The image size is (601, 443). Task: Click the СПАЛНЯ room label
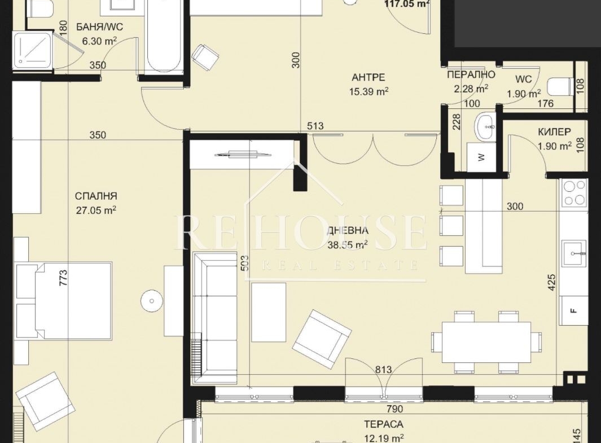[96, 196]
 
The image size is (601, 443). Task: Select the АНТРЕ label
[369, 77]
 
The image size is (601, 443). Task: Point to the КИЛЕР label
[554, 132]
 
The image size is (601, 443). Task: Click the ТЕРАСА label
[384, 424]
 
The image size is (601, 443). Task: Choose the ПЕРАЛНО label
[471, 74]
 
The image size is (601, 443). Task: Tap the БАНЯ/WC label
[100, 27]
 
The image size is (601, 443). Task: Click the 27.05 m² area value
[96, 210]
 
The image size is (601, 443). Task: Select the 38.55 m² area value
[348, 244]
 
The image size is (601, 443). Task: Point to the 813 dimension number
[384, 370]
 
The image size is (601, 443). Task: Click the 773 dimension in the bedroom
[63, 278]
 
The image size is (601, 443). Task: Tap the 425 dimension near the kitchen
[551, 282]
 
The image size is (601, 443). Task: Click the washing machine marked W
[481, 156]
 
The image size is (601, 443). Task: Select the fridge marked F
[573, 311]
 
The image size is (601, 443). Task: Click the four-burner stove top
[574, 193]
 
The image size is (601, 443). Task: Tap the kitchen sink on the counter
[574, 253]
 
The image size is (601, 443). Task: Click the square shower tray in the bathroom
[32, 51]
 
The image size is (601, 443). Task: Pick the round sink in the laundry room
[486, 127]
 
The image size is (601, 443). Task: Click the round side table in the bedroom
[152, 301]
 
